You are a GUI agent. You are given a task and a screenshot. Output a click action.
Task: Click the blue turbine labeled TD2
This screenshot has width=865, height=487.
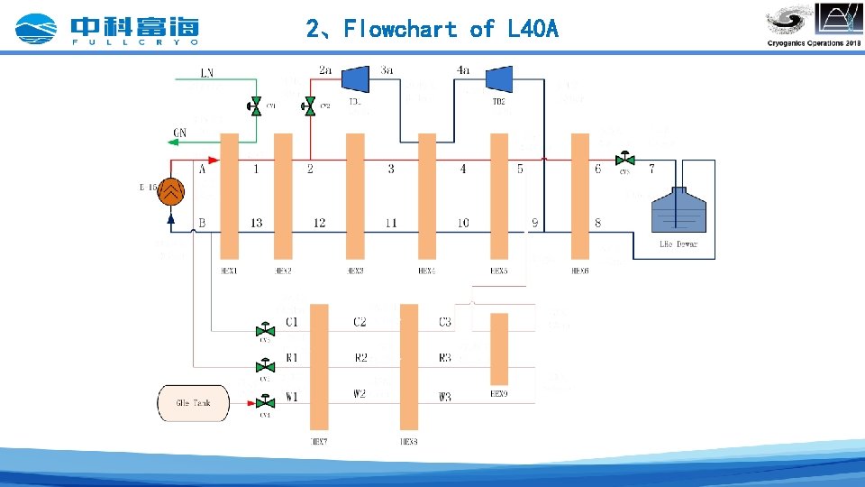click(498, 79)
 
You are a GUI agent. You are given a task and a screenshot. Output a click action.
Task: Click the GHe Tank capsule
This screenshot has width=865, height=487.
click(194, 403)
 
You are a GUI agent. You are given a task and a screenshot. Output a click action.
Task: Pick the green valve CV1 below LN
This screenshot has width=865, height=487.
click(255, 106)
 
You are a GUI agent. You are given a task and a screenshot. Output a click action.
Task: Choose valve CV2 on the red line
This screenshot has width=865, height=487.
click(310, 106)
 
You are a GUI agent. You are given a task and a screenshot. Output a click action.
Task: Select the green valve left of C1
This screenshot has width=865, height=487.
click(265, 328)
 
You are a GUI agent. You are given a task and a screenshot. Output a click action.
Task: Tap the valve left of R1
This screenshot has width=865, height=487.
click(265, 365)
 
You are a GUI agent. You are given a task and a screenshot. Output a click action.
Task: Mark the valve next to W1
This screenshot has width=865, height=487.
click(265, 401)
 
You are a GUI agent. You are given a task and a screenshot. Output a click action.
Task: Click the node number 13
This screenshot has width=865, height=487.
click(257, 223)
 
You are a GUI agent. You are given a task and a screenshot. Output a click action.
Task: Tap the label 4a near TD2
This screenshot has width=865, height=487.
click(463, 69)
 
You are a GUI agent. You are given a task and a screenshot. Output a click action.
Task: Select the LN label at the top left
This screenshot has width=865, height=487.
click(207, 72)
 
